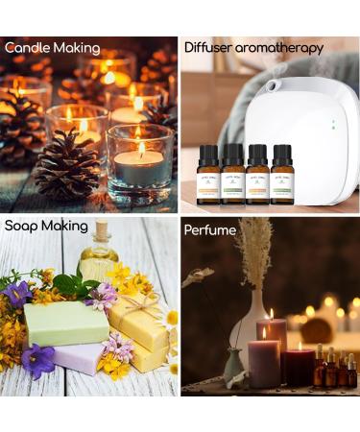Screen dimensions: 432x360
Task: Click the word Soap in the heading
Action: click(22, 227)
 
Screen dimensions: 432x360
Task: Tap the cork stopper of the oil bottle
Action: click(99, 231)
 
